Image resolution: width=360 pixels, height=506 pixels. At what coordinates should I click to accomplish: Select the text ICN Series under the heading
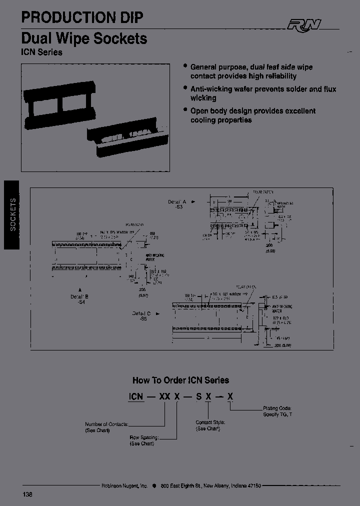pos(42,52)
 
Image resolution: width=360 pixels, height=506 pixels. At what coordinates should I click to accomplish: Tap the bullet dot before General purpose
pos(185,66)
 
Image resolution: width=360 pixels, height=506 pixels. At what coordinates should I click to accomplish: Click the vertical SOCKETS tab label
pos(13,214)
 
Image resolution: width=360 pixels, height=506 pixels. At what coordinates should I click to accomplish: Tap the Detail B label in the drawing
pos(79,297)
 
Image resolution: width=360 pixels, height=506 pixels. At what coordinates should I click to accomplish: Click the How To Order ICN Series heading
pos(180,380)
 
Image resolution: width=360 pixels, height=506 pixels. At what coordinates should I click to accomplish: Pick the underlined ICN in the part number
pos(136,397)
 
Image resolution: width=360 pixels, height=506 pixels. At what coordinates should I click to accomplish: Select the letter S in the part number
pos(198,397)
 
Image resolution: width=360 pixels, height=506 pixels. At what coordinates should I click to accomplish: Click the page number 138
pos(27,494)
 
